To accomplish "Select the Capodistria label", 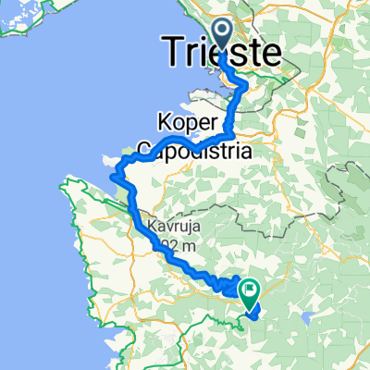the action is coord(195,148).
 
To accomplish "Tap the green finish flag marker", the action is coord(250,292).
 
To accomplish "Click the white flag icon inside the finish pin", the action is coord(250,289).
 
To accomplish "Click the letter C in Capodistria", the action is coord(145,148).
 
